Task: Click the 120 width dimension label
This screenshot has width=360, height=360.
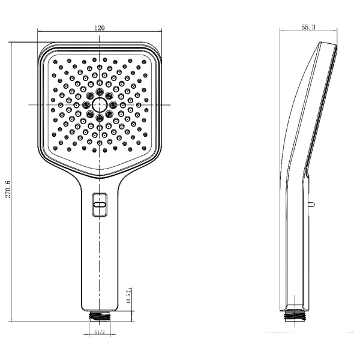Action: coord(100,28)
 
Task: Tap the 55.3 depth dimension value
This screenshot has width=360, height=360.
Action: coord(310,28)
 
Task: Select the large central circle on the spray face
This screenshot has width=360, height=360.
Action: coord(100,105)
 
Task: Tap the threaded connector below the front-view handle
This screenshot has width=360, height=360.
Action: coord(100,314)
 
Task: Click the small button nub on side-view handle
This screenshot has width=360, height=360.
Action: coord(312,204)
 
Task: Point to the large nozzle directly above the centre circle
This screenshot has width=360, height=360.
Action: coord(100,92)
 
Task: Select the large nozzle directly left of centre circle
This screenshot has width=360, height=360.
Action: coord(86,105)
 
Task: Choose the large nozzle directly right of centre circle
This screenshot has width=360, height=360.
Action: coord(113,105)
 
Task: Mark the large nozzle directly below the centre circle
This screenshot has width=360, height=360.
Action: coord(100,118)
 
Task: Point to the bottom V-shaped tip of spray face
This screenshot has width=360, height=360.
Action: coord(100,167)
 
